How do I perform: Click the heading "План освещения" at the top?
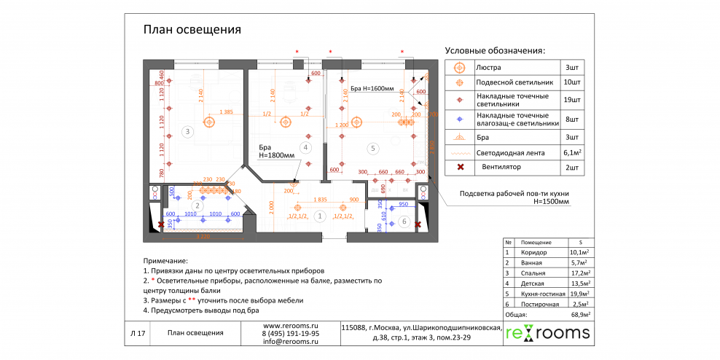[x=192, y=30]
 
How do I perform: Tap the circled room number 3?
[x=187, y=132]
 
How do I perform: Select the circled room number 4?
[x=306, y=147]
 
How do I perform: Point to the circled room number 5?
[x=373, y=149]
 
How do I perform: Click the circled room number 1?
[x=319, y=216]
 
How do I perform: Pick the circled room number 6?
[x=404, y=221]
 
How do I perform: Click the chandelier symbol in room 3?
[x=210, y=122]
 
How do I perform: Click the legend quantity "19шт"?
[x=572, y=99]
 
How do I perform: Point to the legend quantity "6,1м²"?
[x=572, y=153]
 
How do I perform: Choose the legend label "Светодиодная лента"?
[x=511, y=153]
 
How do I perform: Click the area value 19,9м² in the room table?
[x=579, y=293]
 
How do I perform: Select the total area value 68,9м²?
[x=579, y=314]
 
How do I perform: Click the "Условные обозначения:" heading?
[x=495, y=51]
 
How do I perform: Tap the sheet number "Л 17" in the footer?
[x=138, y=334]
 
